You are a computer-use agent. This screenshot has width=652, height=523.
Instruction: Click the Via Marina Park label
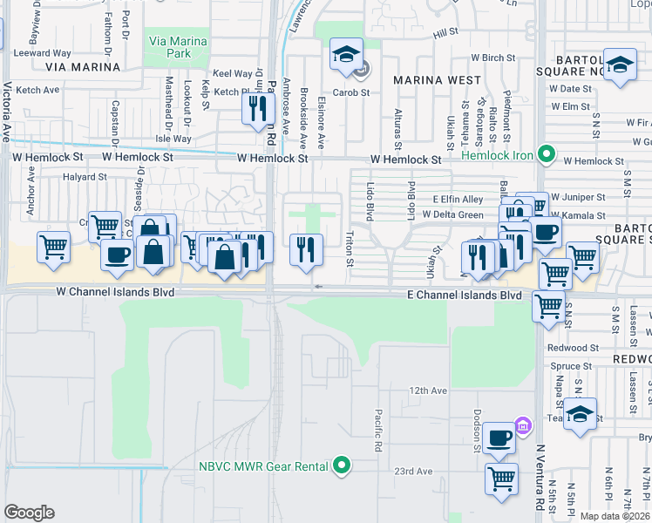click(x=178, y=47)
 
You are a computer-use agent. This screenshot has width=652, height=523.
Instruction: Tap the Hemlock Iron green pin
click(x=547, y=154)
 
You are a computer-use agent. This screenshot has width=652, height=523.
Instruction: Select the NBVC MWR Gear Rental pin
click(x=342, y=465)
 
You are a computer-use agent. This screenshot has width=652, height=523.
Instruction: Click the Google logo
click(x=29, y=512)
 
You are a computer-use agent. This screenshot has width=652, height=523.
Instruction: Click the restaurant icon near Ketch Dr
click(x=256, y=109)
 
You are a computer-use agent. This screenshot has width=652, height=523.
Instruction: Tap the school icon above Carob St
click(x=345, y=55)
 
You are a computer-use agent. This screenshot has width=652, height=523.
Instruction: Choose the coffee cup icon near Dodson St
click(x=499, y=438)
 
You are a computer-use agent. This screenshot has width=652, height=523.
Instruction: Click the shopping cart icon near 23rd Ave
click(x=501, y=478)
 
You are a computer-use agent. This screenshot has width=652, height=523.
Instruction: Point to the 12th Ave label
click(x=428, y=391)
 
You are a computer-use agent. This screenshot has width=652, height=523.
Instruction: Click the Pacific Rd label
click(x=379, y=431)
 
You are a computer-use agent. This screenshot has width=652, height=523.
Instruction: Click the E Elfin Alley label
click(x=458, y=200)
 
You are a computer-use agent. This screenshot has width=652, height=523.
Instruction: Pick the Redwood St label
click(x=574, y=347)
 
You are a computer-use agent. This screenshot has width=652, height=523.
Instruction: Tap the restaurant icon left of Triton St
click(x=306, y=249)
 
